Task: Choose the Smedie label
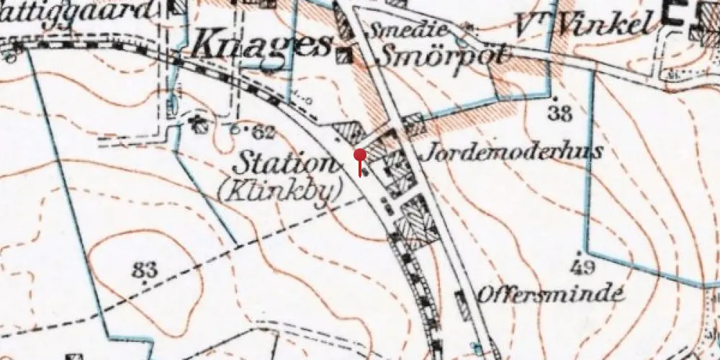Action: [x=409, y=30]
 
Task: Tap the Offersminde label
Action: [x=549, y=294]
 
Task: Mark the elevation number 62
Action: [x=264, y=131]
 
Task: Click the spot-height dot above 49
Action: [x=580, y=254]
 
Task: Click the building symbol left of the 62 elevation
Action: [x=199, y=125]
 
